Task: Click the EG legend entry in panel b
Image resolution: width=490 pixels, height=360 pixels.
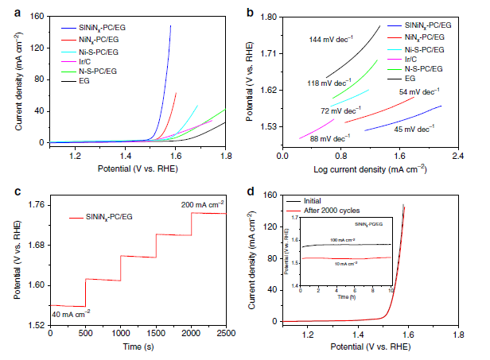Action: click(411, 79)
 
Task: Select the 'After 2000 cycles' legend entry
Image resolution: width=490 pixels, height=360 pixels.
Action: click(330, 211)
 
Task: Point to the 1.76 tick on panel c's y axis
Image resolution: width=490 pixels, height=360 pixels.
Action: click(35, 205)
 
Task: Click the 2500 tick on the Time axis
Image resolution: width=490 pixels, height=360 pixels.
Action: click(226, 334)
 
